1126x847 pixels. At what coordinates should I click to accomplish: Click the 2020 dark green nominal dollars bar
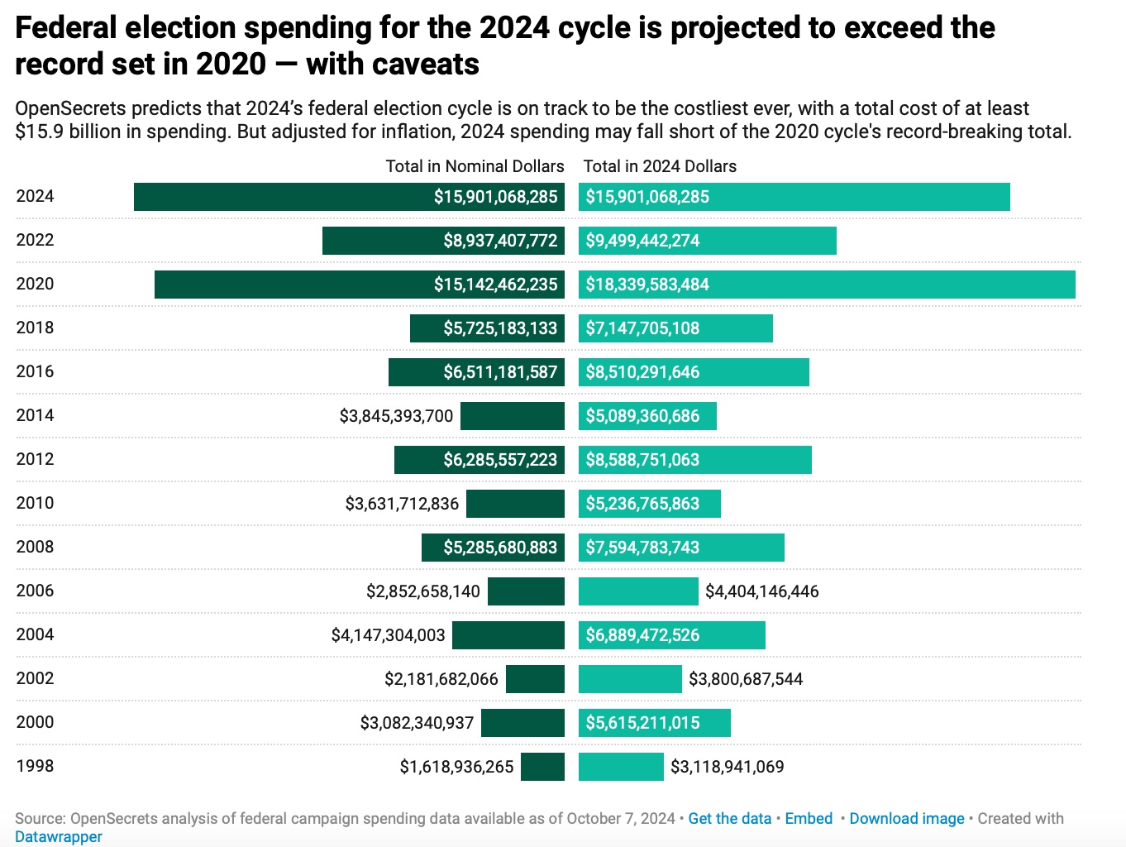(x=289, y=285)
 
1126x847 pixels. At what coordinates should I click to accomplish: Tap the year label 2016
(x=35, y=371)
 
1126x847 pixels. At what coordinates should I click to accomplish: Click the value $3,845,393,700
(x=396, y=416)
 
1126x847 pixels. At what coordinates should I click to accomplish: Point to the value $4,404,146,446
(x=761, y=591)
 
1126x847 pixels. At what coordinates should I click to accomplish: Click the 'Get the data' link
(x=729, y=818)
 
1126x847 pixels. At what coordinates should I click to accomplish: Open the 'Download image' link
(x=906, y=818)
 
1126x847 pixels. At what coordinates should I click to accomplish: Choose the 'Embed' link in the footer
(x=809, y=818)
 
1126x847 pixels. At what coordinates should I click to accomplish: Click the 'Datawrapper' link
(x=59, y=836)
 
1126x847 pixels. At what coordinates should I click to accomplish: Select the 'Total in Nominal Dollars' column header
(x=475, y=166)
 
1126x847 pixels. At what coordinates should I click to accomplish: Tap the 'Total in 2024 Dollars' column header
(x=660, y=166)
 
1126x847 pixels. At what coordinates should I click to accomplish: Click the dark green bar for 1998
(x=542, y=767)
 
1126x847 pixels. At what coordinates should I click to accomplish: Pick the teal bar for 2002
(x=630, y=679)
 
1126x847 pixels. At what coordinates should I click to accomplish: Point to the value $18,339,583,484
(x=647, y=285)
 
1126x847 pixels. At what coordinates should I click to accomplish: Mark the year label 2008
(x=35, y=547)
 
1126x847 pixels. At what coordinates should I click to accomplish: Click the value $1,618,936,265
(x=456, y=767)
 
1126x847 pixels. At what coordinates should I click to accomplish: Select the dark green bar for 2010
(x=515, y=504)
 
